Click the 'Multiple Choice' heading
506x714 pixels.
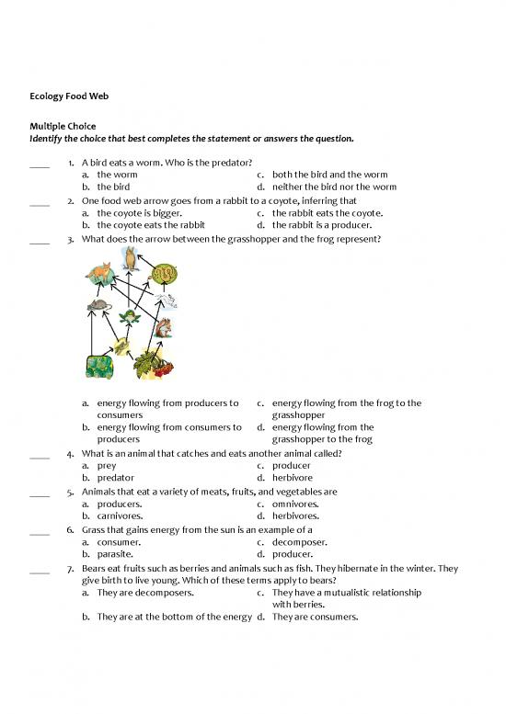pos(63,126)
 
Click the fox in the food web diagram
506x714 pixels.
pos(98,273)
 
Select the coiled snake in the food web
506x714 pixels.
pos(162,274)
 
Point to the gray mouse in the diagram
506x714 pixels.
pos(98,306)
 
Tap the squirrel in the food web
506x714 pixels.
pos(162,328)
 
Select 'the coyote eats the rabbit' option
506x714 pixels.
pos(150,224)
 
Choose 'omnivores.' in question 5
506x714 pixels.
pos(295,504)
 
